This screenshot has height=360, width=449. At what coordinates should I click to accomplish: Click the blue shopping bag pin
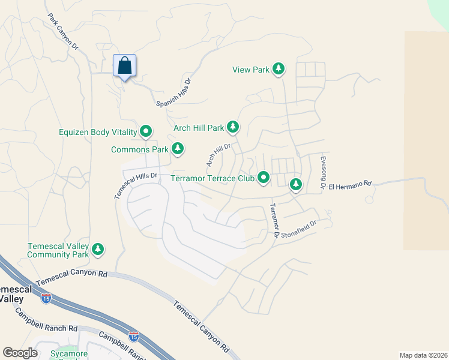coord(124,65)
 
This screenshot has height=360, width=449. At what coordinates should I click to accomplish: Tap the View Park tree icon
coord(278,70)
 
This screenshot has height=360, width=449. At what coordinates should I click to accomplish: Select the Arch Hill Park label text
coord(198,128)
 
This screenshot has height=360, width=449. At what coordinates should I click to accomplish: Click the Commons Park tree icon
coord(177,149)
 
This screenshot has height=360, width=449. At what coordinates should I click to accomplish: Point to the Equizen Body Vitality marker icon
coord(146,131)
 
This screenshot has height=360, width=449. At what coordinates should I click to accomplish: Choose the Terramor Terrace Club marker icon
coord(263,178)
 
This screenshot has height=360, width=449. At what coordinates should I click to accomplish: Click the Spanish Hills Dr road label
coord(173,93)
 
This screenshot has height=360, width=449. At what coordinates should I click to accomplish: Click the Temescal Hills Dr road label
coord(136,186)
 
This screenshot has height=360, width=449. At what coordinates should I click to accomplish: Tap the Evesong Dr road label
coord(323,173)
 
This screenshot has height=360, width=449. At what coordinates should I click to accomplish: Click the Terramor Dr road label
coord(274,220)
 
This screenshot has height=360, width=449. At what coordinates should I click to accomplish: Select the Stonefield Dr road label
coord(298,227)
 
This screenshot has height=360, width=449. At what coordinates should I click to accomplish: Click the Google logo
coord(20,353)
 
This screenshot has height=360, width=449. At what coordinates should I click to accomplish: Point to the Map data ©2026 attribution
coord(423,355)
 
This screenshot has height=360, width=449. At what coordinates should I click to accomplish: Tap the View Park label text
coord(251,70)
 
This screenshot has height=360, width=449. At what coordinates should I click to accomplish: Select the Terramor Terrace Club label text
coord(212,178)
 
